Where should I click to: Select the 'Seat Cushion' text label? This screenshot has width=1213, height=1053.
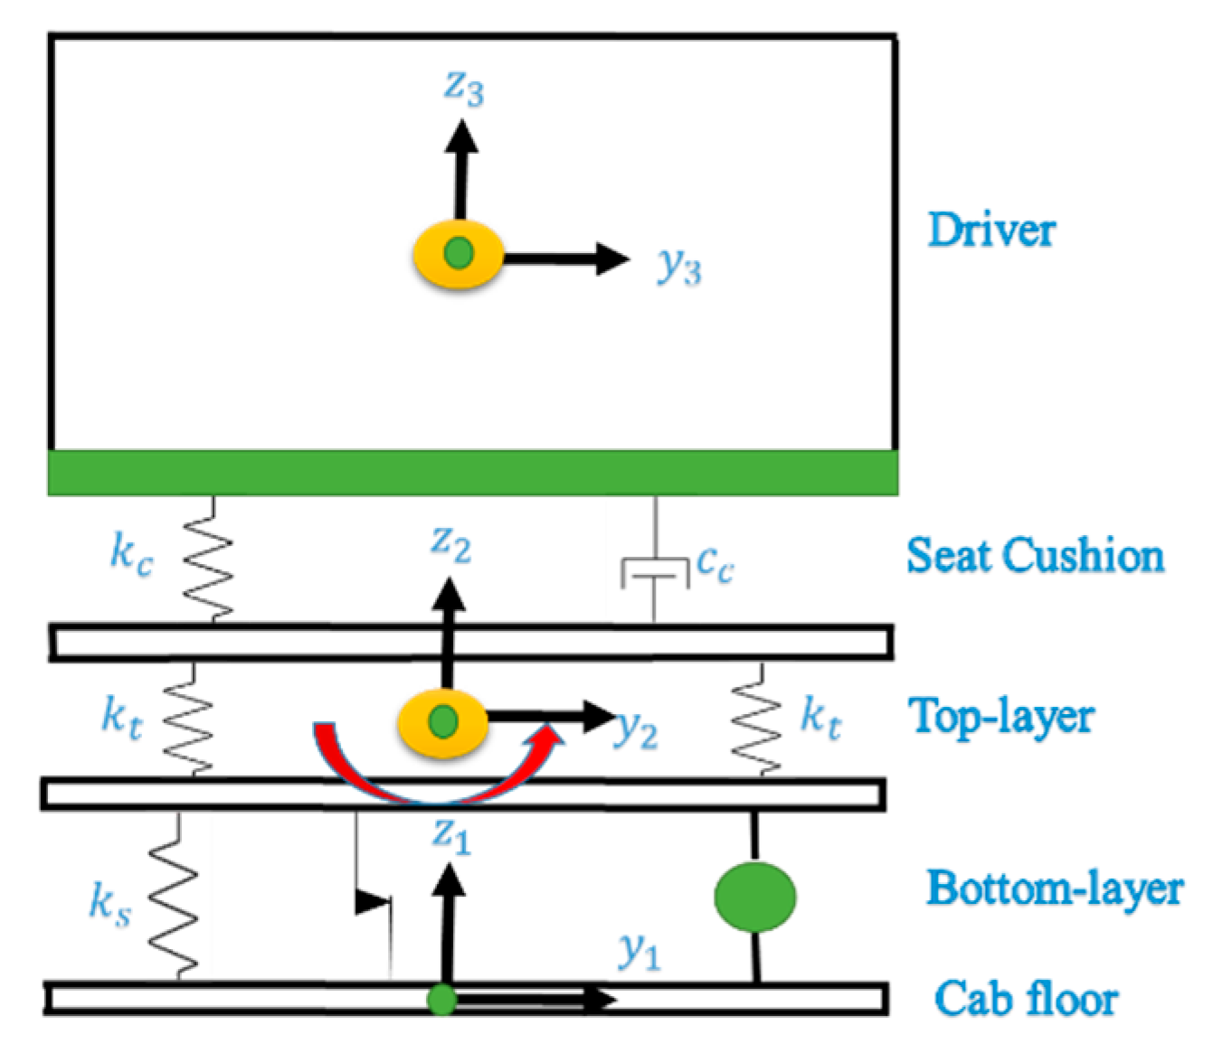1035,555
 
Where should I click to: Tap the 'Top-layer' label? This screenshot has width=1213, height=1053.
1001,716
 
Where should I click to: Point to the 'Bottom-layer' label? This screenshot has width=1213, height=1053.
1054,888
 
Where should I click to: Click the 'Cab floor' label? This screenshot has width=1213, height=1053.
1026,999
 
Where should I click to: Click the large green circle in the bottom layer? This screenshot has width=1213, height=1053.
754,897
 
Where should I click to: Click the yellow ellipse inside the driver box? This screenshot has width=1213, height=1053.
458,255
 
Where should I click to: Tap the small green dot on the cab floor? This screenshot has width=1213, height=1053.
441,1000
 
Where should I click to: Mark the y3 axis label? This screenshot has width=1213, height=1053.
679,266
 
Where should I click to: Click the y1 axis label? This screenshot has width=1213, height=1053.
639,951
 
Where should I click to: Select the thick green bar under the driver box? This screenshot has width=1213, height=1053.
472,472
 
